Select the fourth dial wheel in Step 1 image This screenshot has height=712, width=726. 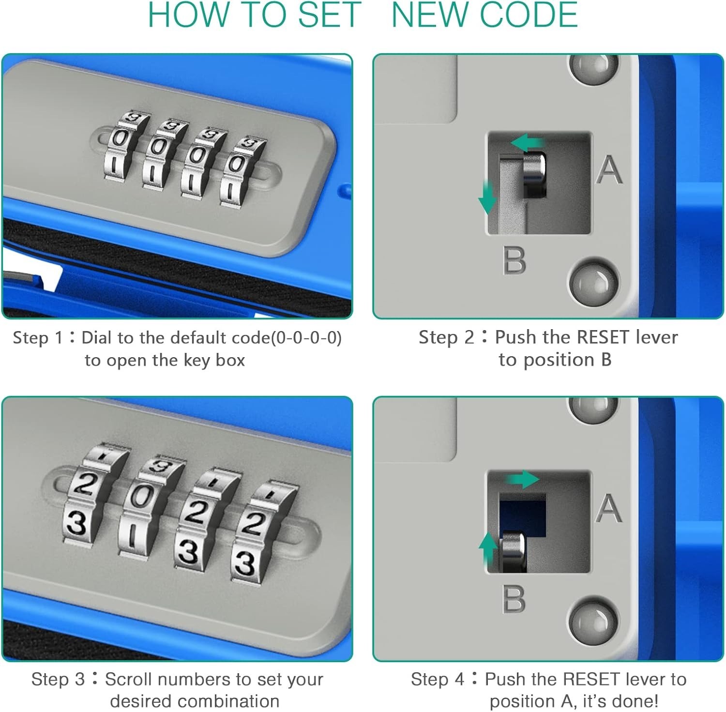[242, 172]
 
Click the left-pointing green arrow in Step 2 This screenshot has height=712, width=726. [528, 143]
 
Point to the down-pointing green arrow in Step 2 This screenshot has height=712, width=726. [487, 197]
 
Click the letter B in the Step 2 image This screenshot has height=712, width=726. [514, 260]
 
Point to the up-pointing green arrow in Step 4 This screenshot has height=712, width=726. [488, 550]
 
